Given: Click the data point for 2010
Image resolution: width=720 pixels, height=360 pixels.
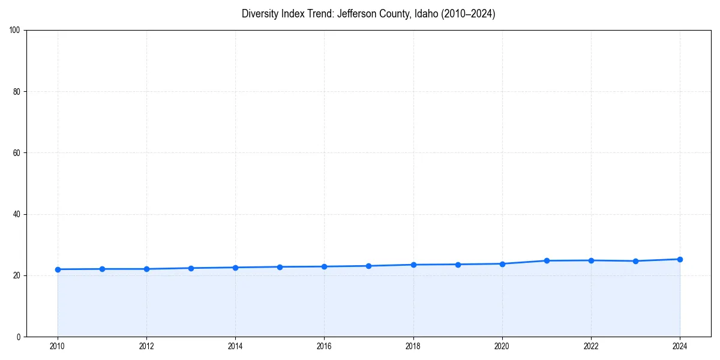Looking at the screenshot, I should (58, 269).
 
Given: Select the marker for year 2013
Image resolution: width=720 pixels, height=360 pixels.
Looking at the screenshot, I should (191, 268).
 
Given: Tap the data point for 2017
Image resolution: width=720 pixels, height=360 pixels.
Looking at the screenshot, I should (368, 266).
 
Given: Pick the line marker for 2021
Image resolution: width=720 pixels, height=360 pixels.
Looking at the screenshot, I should (547, 260).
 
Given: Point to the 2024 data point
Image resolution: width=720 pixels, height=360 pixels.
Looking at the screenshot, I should (680, 259).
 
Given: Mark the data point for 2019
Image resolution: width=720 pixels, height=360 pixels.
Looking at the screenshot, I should (458, 265).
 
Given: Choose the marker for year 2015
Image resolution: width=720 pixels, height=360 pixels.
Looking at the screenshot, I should (280, 267).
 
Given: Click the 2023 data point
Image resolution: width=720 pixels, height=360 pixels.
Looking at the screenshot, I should (635, 261).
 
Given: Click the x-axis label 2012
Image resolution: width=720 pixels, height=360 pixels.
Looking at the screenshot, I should (146, 346).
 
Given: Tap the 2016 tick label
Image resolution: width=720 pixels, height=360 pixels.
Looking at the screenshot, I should (324, 346).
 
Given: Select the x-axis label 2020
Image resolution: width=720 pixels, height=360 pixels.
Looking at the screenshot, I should (502, 346).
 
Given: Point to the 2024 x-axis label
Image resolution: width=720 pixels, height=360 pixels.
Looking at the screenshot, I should (680, 346).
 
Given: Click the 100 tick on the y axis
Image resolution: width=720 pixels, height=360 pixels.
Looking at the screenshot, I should (15, 31).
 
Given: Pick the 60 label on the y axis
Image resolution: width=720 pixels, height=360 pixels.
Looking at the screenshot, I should (17, 153).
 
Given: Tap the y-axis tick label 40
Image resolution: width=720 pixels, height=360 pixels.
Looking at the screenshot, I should (17, 214).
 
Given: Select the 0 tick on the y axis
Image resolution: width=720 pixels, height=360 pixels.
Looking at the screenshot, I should (19, 337).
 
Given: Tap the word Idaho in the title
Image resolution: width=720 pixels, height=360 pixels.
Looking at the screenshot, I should (427, 14).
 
